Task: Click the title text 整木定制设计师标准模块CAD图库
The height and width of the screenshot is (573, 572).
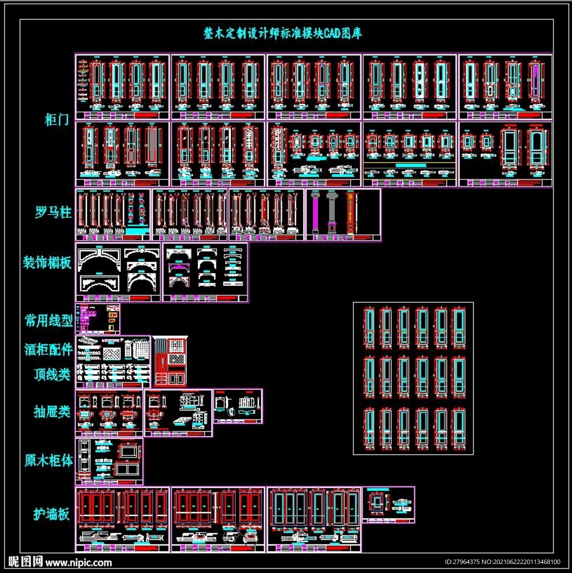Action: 282,34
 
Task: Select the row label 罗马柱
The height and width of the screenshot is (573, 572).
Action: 53,213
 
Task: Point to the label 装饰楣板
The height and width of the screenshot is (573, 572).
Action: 48,262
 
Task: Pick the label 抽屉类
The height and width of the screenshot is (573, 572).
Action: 52,412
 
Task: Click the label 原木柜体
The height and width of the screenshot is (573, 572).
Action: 49,461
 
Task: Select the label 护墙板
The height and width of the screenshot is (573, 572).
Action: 52,514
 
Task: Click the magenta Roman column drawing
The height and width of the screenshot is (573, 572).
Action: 315,213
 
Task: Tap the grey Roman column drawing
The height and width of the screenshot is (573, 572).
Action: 332,213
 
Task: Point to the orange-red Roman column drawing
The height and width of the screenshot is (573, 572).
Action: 351,213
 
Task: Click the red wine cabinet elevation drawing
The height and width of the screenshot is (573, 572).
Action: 171,361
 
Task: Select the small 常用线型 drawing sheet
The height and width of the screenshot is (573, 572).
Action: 97,319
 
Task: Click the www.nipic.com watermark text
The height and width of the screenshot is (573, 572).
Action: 78,562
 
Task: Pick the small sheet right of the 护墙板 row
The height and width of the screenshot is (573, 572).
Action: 389,505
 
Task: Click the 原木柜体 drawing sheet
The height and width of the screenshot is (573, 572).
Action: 109,461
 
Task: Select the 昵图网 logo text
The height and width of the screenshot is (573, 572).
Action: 26,562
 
